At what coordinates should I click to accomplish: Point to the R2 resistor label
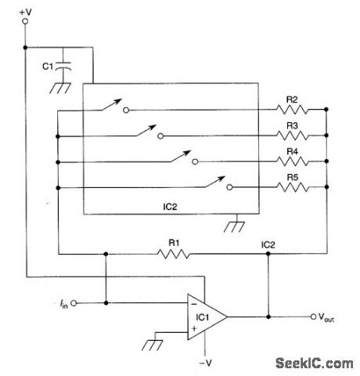(x=291, y=99)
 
